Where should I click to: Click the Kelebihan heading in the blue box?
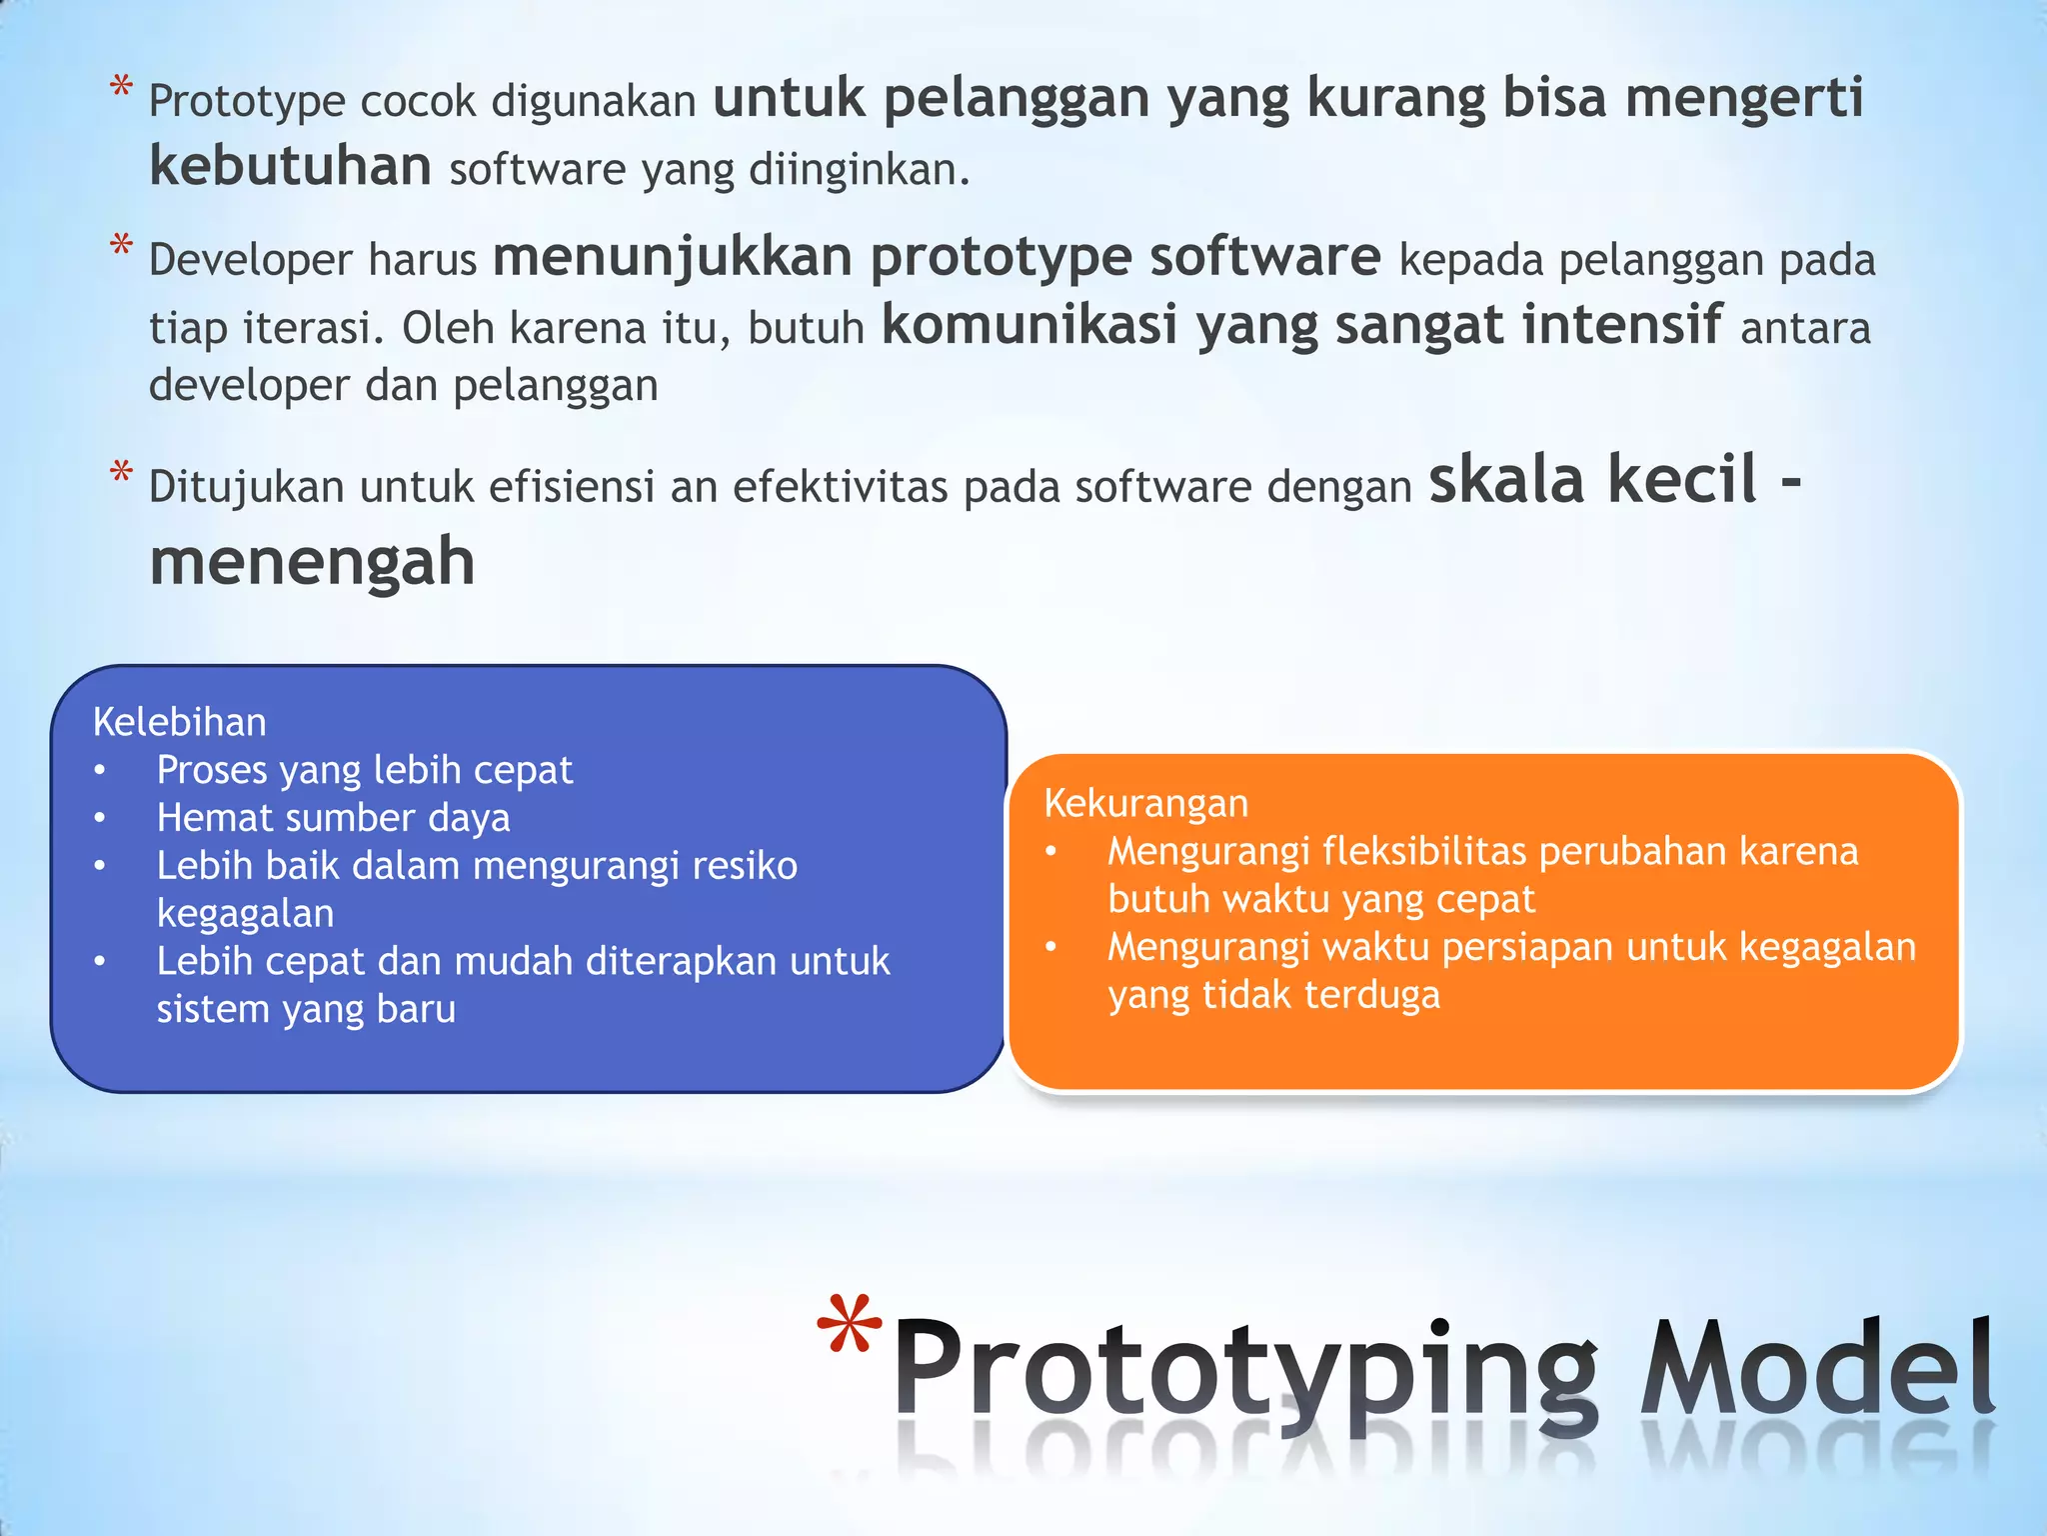(x=180, y=722)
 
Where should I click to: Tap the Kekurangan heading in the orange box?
(x=1145, y=803)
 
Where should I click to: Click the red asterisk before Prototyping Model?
(x=849, y=1326)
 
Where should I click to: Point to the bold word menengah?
(x=312, y=561)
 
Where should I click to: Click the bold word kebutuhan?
(x=290, y=166)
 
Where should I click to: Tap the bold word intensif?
(x=1621, y=325)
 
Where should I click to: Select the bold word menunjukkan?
(x=672, y=257)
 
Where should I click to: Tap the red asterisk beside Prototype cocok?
(x=121, y=87)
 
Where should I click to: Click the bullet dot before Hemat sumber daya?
(x=100, y=818)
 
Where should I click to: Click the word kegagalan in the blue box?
(x=245, y=914)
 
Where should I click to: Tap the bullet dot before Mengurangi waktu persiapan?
(x=1050, y=946)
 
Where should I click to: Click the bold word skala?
(x=1507, y=480)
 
